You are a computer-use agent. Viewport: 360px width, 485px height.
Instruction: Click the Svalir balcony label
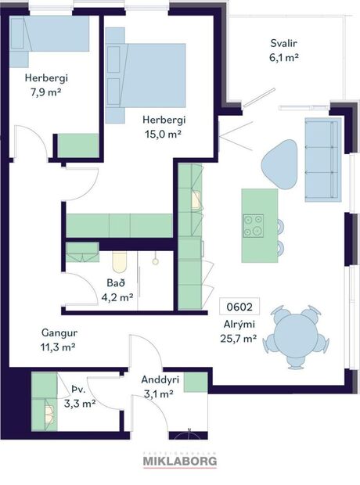[x=284, y=44]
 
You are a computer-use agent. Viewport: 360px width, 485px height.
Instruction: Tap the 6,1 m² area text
[x=284, y=57]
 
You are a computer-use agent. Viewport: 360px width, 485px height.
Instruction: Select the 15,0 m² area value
[x=162, y=134]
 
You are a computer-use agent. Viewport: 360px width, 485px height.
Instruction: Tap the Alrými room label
[x=239, y=325]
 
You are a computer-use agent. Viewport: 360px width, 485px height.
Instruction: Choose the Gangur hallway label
[x=57, y=332]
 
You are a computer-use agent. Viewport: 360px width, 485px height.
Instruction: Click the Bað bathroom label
[x=115, y=283]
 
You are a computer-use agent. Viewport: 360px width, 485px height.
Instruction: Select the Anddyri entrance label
[x=160, y=380]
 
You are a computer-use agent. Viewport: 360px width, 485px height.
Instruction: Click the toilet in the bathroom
[x=120, y=262]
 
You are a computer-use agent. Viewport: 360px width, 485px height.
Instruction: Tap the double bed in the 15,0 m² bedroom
[x=146, y=74]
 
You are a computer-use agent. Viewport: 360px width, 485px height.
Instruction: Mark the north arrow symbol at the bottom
[x=190, y=433]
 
